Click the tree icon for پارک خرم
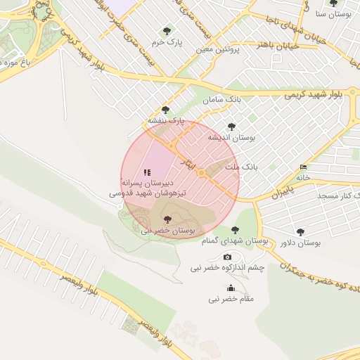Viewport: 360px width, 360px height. [167, 31]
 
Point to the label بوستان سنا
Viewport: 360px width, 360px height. [333, 14]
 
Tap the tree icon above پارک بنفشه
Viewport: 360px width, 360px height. [165, 110]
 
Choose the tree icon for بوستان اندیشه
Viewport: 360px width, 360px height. [231, 127]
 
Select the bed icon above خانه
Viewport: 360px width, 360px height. [303, 167]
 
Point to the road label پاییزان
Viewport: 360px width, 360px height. [281, 191]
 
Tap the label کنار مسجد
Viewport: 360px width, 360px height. [338, 193]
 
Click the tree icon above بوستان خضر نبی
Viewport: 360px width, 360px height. [167, 219]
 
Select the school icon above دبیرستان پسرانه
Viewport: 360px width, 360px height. [147, 172]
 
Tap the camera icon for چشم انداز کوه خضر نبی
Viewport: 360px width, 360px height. [227, 257]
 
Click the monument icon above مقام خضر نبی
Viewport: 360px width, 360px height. [231, 288]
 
